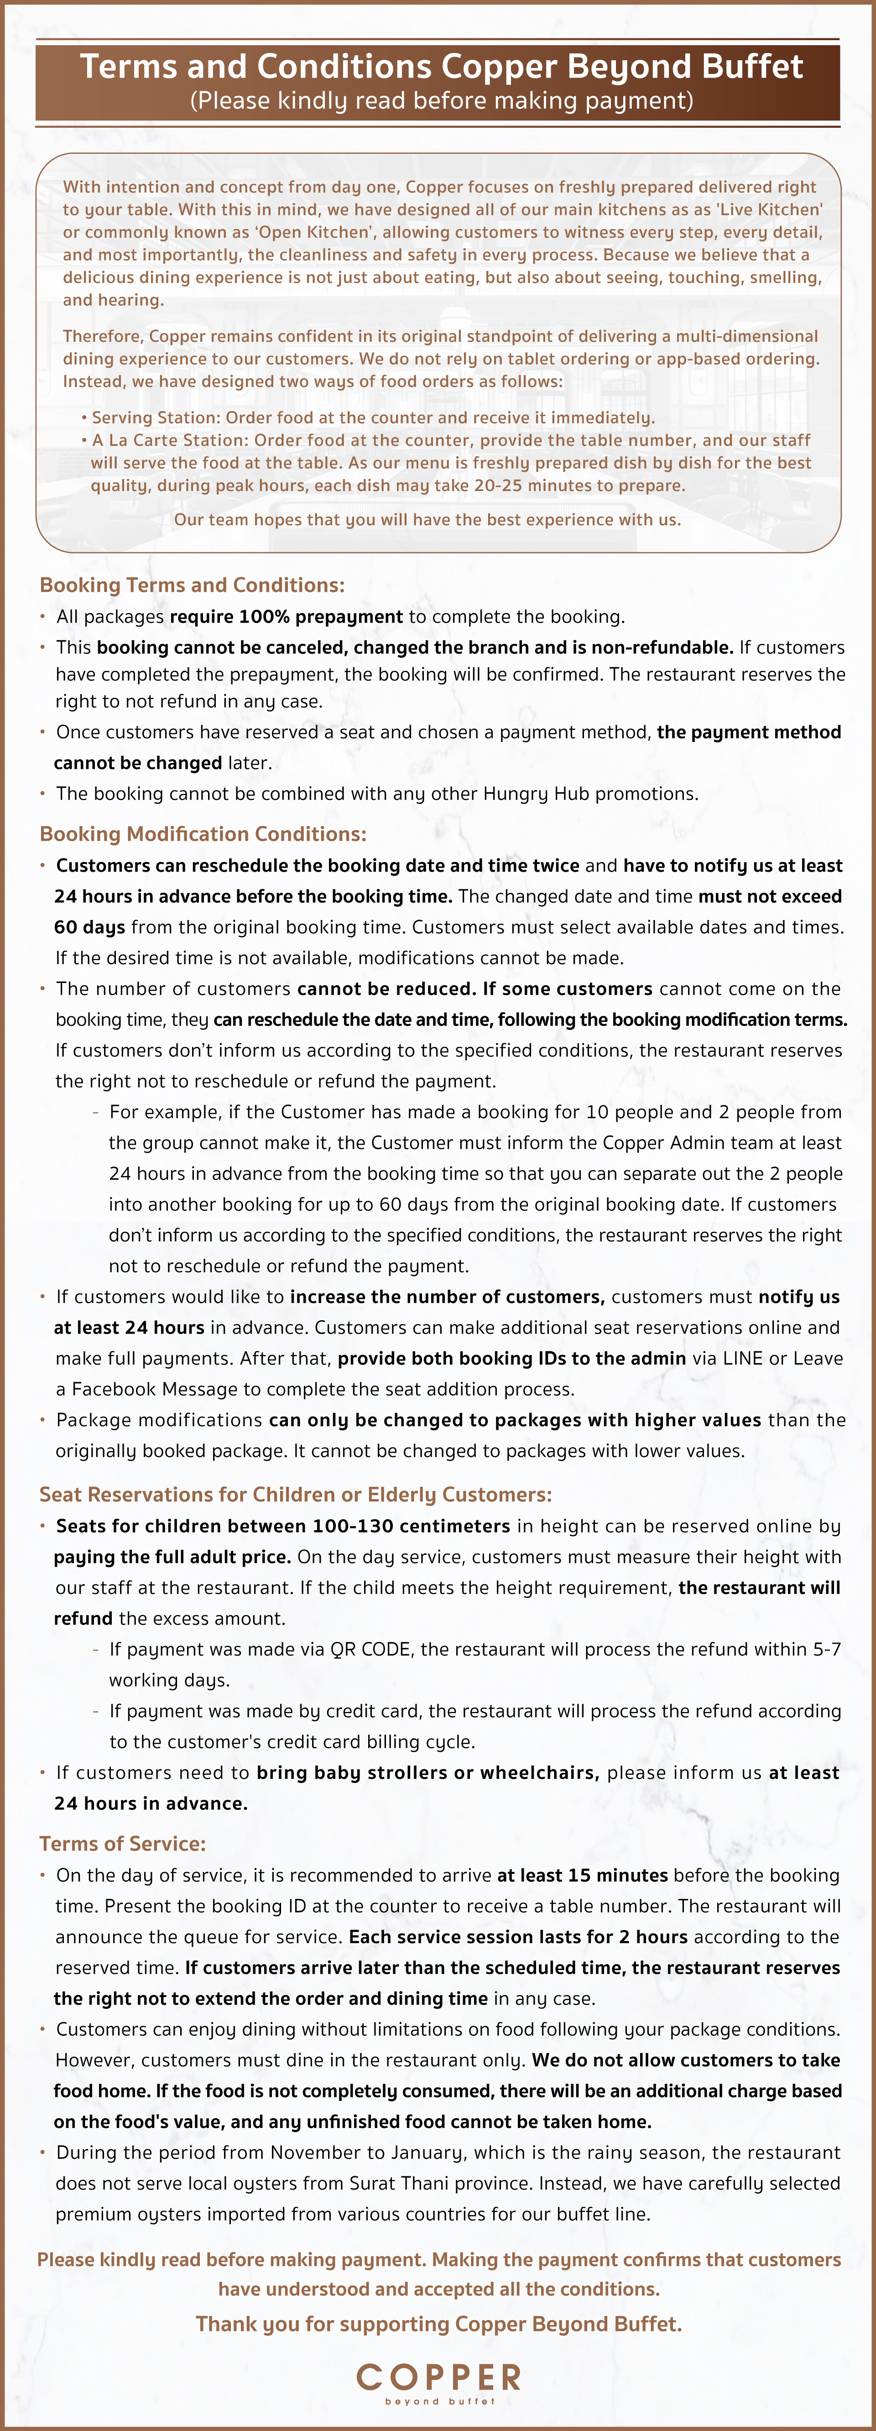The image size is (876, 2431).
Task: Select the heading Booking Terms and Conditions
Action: click(x=192, y=585)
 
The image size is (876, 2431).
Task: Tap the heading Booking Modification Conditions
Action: click(x=203, y=834)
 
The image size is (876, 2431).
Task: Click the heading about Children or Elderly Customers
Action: click(x=296, y=1495)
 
